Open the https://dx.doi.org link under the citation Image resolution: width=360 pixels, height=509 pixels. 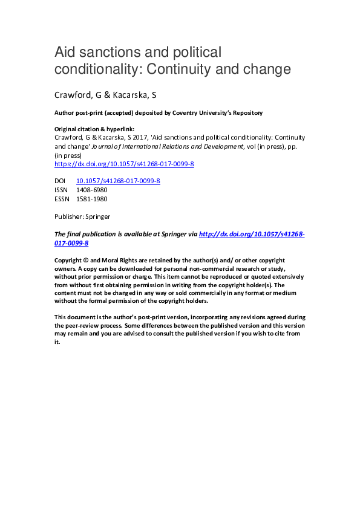(x=124, y=164)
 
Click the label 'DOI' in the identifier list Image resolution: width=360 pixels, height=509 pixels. (x=61, y=181)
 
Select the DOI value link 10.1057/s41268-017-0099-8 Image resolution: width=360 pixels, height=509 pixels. (x=118, y=181)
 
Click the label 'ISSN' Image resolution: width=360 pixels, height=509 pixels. (x=62, y=189)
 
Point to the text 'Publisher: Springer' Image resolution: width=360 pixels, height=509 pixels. (x=82, y=216)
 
